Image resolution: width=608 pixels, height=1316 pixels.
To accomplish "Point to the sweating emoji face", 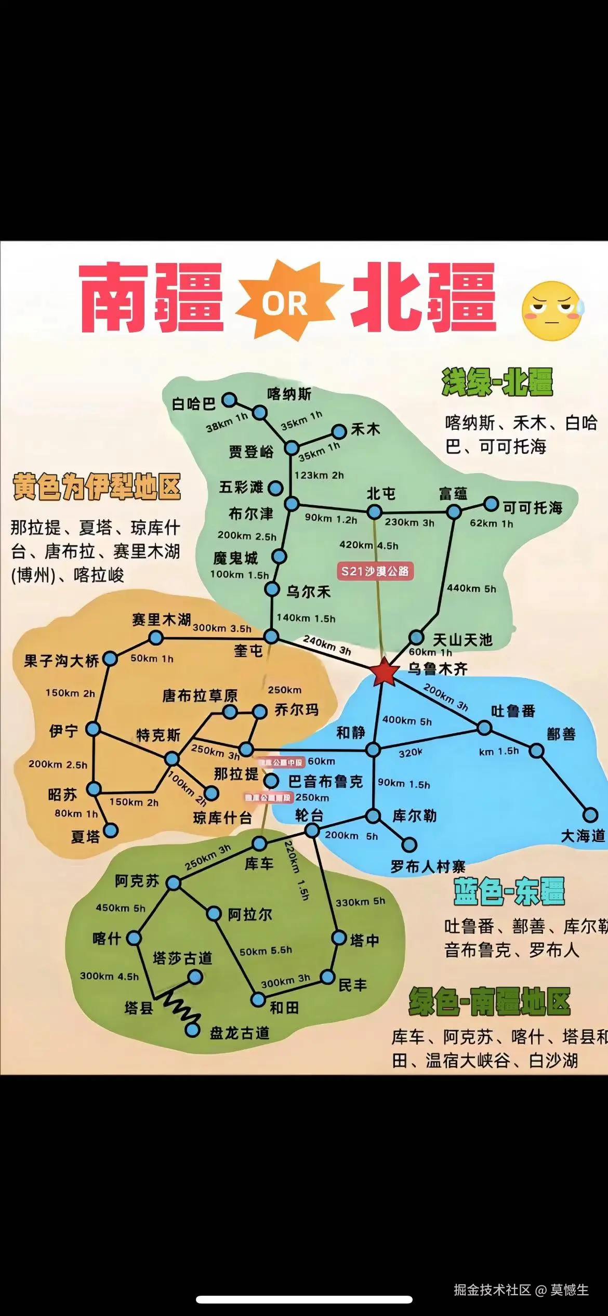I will (552, 311).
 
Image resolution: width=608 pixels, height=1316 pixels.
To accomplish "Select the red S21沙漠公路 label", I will (375, 571).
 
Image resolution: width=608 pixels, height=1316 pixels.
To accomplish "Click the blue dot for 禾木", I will (339, 431).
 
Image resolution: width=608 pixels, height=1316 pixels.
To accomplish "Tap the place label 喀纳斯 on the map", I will (289, 394).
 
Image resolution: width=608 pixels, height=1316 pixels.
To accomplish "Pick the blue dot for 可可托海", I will (491, 504).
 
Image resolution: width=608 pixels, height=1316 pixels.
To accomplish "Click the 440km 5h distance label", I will (471, 588).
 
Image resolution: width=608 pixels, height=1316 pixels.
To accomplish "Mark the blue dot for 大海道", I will (590, 814).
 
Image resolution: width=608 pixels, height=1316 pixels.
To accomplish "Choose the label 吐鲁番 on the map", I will (513, 710).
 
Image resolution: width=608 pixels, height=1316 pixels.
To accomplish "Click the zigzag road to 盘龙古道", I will (182, 1008).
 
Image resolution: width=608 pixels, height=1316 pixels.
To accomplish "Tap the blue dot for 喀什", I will (134, 938).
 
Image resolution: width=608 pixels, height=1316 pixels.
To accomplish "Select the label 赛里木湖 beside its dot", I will (161, 620).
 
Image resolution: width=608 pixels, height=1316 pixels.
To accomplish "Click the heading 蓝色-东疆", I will (509, 891).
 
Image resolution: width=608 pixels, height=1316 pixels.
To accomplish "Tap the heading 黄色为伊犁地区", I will (97, 486).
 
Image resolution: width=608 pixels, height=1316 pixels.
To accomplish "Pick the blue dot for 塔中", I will (339, 938).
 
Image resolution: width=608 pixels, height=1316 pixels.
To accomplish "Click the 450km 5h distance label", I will (121, 908).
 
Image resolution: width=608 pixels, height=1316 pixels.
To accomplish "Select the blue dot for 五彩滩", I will (275, 488).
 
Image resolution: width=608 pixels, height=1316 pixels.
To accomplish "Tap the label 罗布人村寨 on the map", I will (428, 866).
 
